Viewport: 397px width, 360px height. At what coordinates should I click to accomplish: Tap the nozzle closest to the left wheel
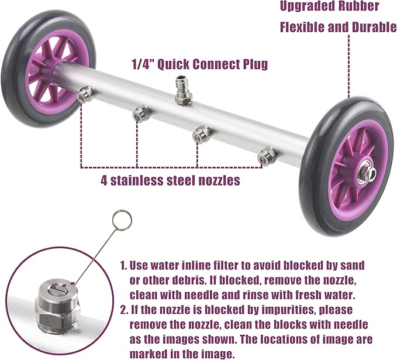85,94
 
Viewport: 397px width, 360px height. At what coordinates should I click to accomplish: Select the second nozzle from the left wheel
141,114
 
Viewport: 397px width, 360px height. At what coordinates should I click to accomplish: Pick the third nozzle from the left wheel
202,135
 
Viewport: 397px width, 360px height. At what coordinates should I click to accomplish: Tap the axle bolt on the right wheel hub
367,173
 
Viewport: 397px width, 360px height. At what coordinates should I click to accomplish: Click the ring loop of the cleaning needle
122,220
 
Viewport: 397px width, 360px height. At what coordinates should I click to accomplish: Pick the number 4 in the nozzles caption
104,180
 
